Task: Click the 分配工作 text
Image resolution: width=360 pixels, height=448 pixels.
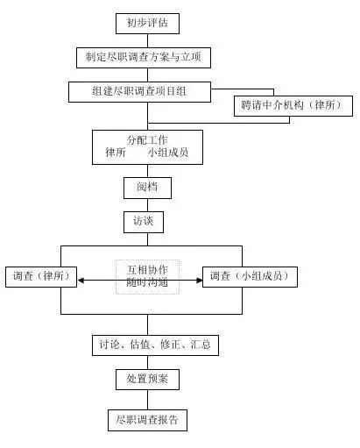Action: tap(147, 139)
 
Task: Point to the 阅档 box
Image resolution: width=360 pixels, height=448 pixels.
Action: tap(147, 188)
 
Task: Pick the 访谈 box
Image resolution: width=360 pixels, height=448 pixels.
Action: tap(143, 222)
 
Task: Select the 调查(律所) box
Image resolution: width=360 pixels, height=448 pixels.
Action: tap(40, 277)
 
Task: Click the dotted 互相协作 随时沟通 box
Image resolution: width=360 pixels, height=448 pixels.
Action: tap(147, 276)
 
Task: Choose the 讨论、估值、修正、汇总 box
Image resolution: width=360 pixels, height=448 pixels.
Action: tap(154, 345)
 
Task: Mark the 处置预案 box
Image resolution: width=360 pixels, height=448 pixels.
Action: tap(148, 379)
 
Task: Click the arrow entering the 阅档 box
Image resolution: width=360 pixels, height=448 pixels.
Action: tap(147, 170)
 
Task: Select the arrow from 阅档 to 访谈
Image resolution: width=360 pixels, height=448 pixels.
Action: tap(145, 205)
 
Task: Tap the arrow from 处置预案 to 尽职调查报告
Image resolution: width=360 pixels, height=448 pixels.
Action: tap(147, 399)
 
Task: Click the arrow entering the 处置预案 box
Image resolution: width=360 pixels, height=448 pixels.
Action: tap(147, 362)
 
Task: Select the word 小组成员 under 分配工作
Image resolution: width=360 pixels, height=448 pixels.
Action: tap(168, 153)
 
